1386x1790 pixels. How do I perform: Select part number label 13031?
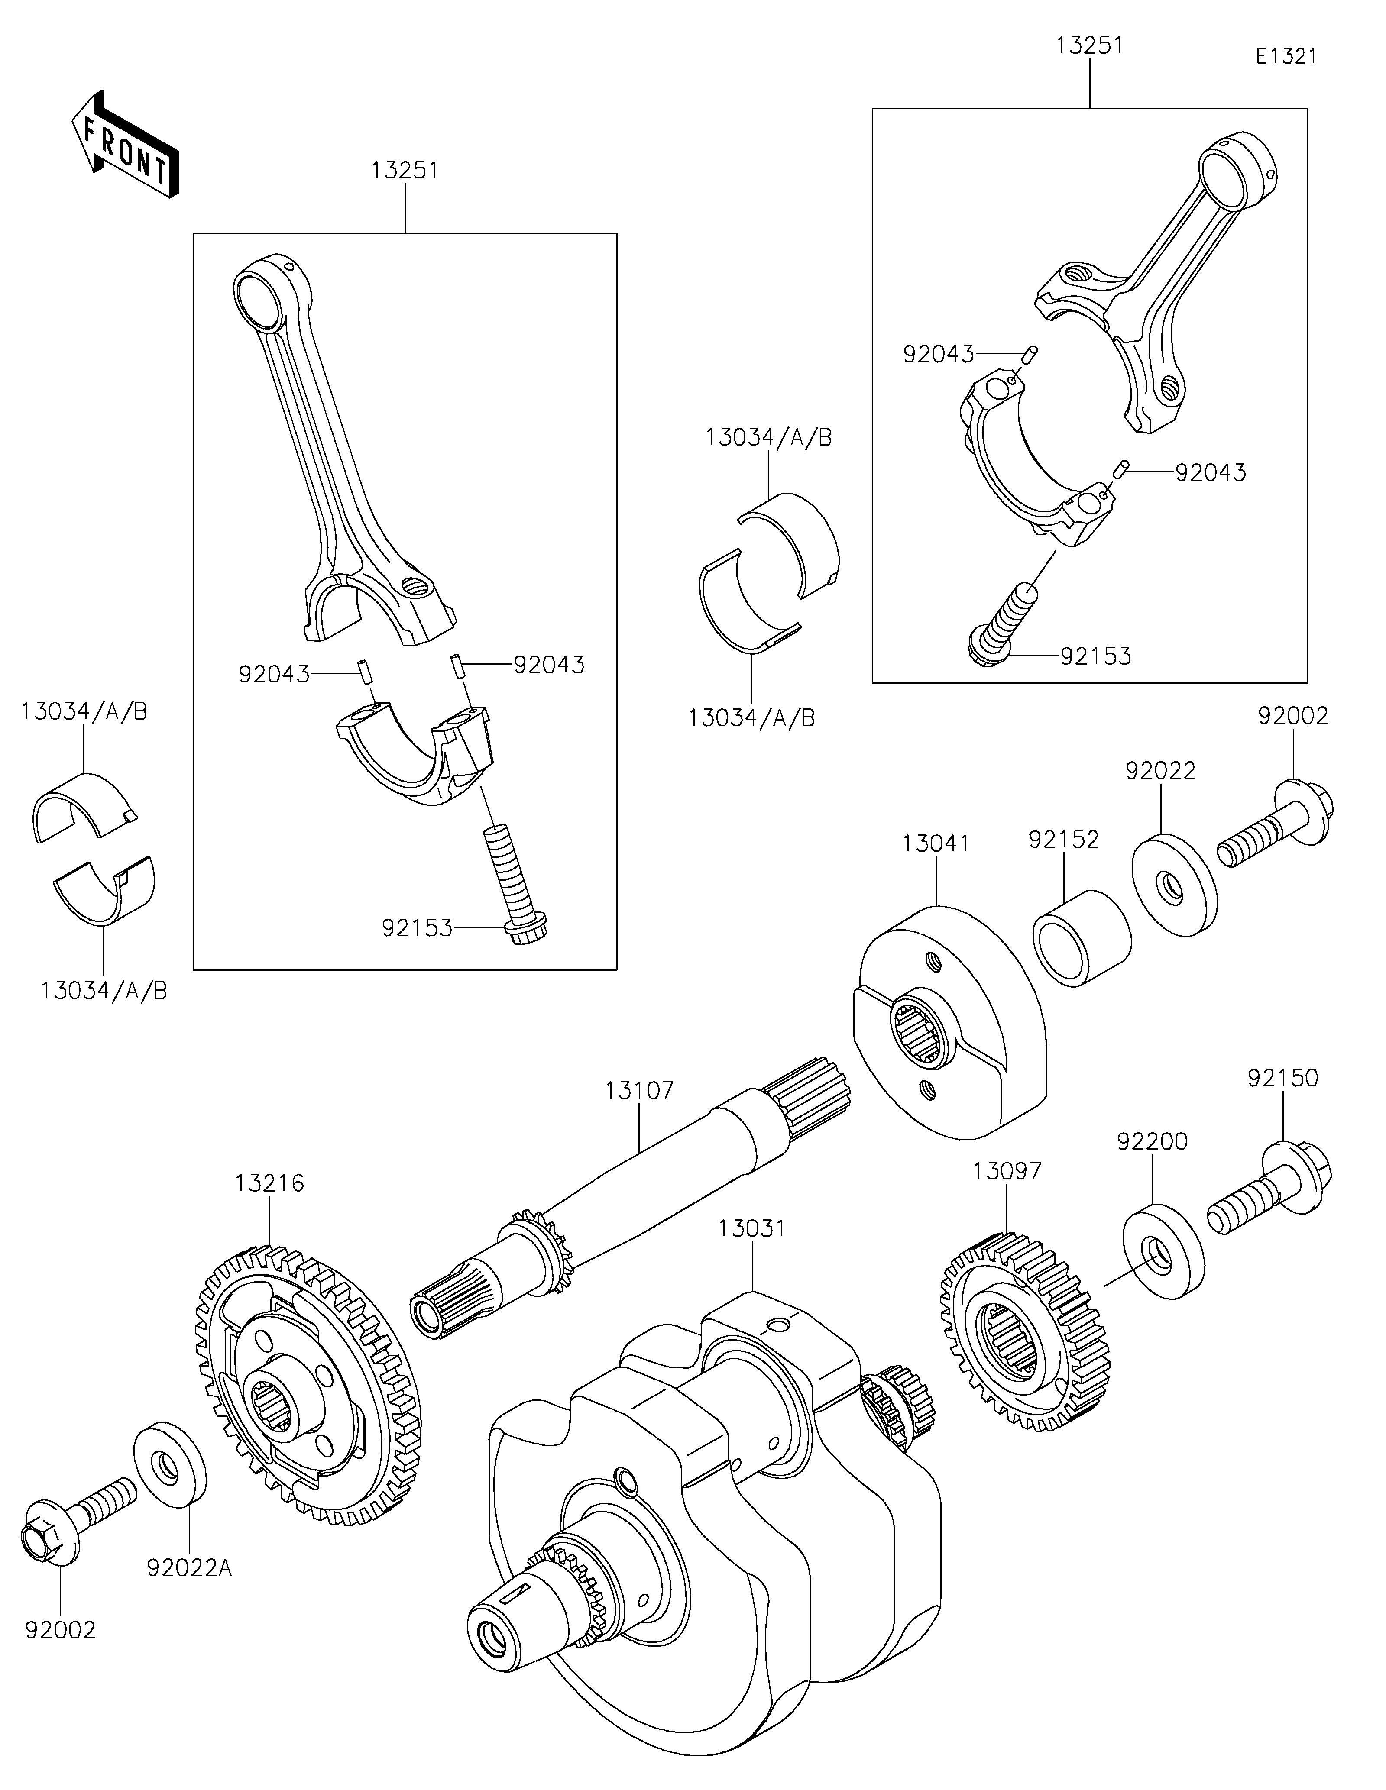[751, 1251]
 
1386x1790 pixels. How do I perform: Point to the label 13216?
[270, 1183]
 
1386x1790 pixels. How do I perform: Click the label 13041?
[936, 843]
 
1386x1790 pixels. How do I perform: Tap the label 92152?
[1064, 839]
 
